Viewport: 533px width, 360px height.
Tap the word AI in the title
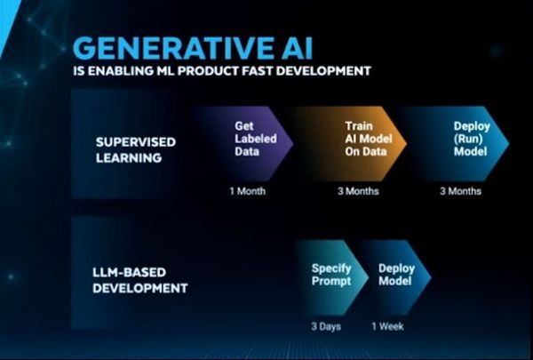click(294, 48)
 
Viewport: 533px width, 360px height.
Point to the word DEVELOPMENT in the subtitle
click(323, 71)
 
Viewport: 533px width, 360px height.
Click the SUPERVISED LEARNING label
click(136, 149)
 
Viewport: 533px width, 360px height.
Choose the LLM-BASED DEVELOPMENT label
click(140, 280)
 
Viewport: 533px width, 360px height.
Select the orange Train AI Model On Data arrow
click(350, 143)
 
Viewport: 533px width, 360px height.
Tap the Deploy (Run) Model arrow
click(456, 143)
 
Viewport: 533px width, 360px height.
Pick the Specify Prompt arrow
click(332, 277)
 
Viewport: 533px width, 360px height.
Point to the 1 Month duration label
click(248, 191)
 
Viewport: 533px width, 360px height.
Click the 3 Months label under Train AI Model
click(358, 191)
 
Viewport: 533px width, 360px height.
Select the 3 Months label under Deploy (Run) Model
click(460, 191)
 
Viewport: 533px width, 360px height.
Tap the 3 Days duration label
click(326, 326)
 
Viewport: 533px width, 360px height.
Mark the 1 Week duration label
click(388, 326)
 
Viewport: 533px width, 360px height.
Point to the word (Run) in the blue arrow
click(468, 139)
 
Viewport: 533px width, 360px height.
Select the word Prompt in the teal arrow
click(331, 282)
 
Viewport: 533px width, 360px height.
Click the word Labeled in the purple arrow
click(256, 139)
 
